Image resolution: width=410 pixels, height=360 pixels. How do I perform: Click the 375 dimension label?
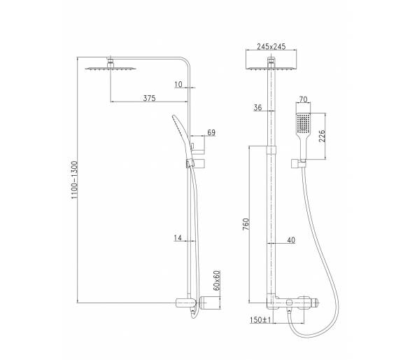[x=149, y=98]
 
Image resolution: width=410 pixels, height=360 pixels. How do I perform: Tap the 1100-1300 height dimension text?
[x=75, y=180]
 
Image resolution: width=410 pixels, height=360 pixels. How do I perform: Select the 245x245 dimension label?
[x=271, y=47]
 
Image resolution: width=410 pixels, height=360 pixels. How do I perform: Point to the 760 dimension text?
[x=246, y=224]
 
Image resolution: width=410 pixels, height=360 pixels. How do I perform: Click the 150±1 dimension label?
[x=260, y=319]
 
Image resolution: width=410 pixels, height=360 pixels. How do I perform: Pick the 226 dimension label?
[x=322, y=136]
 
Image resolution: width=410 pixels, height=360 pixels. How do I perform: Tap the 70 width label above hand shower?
[x=303, y=99]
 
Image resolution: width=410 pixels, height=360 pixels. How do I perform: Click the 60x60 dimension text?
[x=217, y=280]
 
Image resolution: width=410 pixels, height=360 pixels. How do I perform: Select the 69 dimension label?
[x=211, y=132]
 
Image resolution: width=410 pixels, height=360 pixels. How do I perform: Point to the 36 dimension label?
[x=257, y=107]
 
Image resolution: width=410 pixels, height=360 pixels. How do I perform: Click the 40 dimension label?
[x=291, y=240]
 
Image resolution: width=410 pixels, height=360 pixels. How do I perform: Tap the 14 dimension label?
[x=178, y=237]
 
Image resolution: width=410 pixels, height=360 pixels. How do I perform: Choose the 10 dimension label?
[x=178, y=84]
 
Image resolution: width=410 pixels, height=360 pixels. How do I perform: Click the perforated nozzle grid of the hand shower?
[x=303, y=123]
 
